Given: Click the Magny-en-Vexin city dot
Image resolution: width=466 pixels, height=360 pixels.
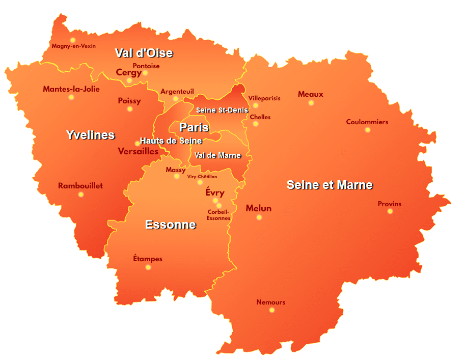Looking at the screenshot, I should (73, 40).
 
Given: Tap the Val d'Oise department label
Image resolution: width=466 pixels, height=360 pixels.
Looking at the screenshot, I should (144, 53).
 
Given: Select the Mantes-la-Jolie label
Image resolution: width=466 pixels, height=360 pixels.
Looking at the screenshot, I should (71, 89).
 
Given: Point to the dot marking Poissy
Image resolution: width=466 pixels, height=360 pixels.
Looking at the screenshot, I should (130, 109).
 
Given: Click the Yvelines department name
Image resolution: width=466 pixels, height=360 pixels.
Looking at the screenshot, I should (90, 135).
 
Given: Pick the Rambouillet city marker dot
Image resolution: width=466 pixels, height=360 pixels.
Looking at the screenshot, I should (81, 194).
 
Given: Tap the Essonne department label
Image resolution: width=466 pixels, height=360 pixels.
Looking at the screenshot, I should (170, 225).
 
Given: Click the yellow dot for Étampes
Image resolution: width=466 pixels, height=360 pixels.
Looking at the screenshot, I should (148, 267).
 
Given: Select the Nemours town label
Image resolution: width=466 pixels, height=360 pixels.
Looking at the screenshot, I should (271, 302).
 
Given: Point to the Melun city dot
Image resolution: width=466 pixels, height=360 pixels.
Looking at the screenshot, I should (259, 217).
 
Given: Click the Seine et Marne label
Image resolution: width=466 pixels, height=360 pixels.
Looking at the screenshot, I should (330, 185).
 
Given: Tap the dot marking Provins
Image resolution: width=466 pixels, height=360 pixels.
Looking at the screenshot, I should (390, 211).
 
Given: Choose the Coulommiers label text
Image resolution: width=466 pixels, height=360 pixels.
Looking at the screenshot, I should (367, 122).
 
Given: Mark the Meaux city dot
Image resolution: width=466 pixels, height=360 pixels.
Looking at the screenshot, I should (311, 103).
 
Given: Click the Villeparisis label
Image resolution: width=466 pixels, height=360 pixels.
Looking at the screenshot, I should (264, 98).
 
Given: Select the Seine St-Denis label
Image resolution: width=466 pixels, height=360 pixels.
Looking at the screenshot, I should (222, 110).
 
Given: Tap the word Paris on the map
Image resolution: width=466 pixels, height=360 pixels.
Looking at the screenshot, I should (194, 127).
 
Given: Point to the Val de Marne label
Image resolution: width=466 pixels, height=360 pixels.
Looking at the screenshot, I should (217, 155).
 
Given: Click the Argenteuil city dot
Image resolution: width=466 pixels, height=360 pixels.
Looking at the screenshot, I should (176, 99).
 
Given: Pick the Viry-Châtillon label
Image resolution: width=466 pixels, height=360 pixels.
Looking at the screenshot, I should (202, 177).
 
